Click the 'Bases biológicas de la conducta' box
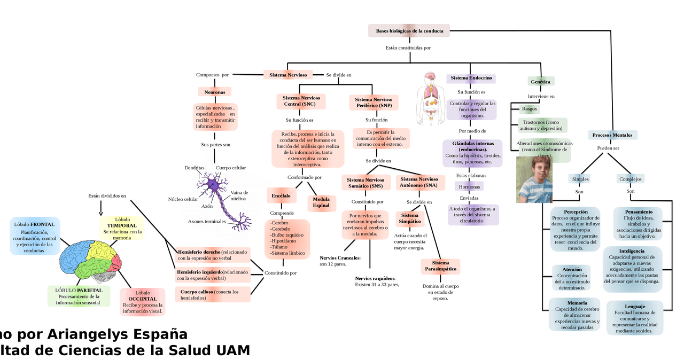pyautogui.click(x=409, y=31)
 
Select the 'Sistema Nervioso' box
pyautogui.click(x=287, y=75)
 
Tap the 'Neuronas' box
pyautogui.click(x=215, y=92)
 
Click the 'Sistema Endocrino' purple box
pyautogui.click(x=471, y=78)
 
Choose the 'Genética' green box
pyautogui.click(x=540, y=82)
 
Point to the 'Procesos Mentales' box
pyautogui.click(x=612, y=135)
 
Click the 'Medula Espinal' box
pyautogui.click(x=321, y=202)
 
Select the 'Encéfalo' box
pyautogui.click(x=281, y=196)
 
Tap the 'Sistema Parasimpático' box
pyautogui.click(x=440, y=266)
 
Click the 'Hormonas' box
pyautogui.click(x=469, y=187)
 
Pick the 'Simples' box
pyautogui.click(x=580, y=179)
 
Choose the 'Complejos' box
pyautogui.click(x=631, y=179)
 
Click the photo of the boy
pyautogui.click(x=534, y=179)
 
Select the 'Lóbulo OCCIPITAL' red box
pyautogui.click(x=142, y=302)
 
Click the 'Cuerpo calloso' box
pyautogui.click(x=212, y=295)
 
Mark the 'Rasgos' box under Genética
pyautogui.click(x=529, y=109)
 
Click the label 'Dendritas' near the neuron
pyautogui.click(x=195, y=168)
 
